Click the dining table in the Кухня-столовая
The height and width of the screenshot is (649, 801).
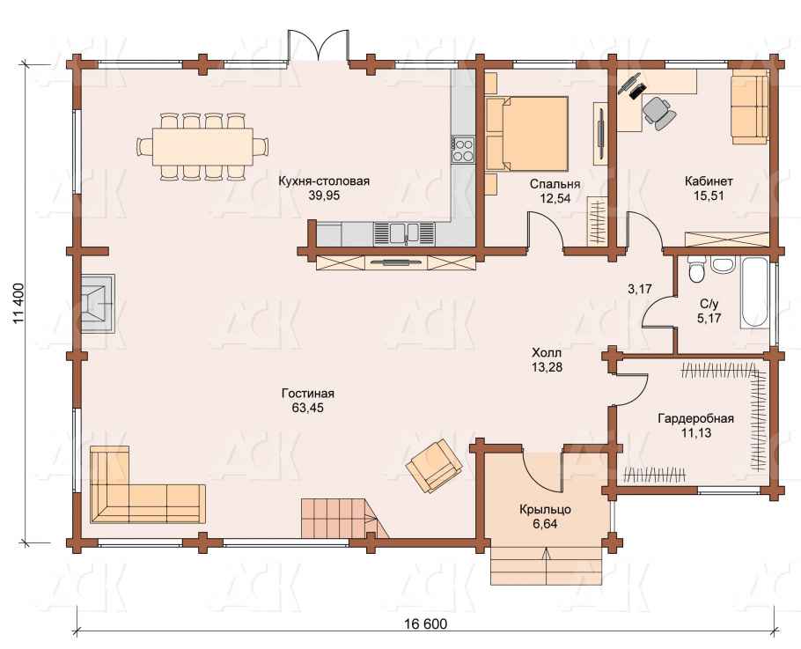pyautogui.click(x=202, y=146)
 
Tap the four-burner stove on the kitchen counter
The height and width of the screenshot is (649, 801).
pyautogui.click(x=463, y=149)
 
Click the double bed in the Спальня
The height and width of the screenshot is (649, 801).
pyautogui.click(x=528, y=133)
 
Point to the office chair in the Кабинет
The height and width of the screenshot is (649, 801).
pyautogui.click(x=658, y=112)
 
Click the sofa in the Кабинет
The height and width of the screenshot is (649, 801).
pyautogui.click(x=750, y=107)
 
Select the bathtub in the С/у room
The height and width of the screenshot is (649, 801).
pyautogui.click(x=755, y=293)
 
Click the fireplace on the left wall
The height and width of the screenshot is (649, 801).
pyautogui.click(x=98, y=304)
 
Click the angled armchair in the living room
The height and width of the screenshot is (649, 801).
pyautogui.click(x=434, y=465)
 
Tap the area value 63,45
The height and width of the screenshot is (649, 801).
pyautogui.click(x=307, y=408)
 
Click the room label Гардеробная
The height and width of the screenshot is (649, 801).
pyautogui.click(x=695, y=419)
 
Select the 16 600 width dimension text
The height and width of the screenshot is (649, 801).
pyautogui.click(x=425, y=624)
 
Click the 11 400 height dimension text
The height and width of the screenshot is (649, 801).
pyautogui.click(x=18, y=303)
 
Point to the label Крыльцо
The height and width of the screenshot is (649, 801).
pyautogui.click(x=545, y=510)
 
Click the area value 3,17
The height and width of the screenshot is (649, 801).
pyautogui.click(x=640, y=289)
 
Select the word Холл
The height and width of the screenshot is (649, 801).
pyautogui.click(x=547, y=352)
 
